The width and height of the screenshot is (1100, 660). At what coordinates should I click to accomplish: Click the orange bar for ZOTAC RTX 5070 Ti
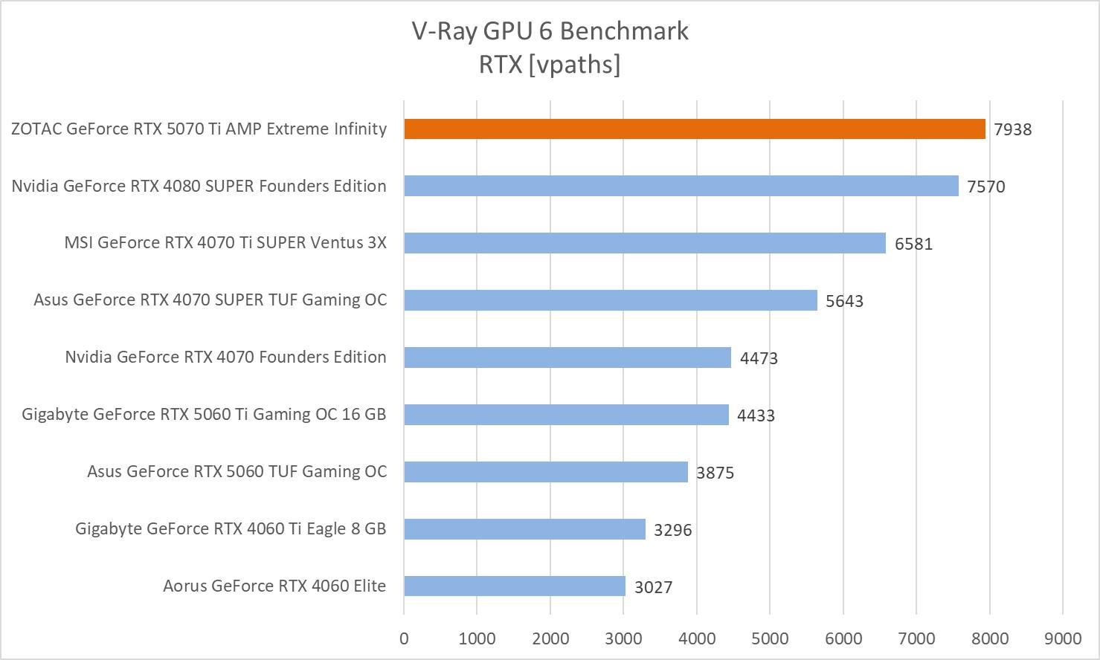pos(695,129)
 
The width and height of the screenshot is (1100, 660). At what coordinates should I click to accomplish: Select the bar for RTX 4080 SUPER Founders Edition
pos(681,186)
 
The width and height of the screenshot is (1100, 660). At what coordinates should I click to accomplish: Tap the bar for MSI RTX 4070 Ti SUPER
pos(645,243)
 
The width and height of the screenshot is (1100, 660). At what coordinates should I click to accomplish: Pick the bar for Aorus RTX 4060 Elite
pos(515,586)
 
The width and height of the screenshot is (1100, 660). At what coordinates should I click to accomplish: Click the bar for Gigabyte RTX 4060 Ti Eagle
pos(524,528)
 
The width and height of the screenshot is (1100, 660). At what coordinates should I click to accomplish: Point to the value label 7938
pos(1013,129)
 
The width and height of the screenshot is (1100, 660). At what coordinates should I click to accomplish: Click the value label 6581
pos(913,244)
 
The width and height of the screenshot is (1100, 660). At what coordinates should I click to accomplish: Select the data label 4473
pos(759,358)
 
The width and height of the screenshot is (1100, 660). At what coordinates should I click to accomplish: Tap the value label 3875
pos(715,473)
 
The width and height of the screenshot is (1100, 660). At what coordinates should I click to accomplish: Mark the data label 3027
pos(653,587)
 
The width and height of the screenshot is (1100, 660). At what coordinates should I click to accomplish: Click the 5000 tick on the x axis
pos(770,638)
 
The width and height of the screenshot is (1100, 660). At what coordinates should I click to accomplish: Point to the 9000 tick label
pos(1063,638)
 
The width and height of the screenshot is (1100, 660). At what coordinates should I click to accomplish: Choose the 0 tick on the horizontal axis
pos(404,638)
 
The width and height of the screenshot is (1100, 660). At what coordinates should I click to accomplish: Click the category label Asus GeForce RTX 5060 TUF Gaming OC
pos(237,471)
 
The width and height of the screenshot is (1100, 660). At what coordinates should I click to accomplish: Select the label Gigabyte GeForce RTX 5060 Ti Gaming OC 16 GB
pos(204,414)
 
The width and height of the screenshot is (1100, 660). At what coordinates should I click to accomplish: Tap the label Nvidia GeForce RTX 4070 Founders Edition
pos(225,357)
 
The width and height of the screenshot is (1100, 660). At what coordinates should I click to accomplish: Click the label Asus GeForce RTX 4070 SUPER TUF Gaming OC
pos(210,300)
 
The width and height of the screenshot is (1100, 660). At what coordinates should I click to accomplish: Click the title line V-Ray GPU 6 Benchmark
pos(550,31)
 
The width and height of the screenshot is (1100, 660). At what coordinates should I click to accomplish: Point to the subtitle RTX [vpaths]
pos(550,65)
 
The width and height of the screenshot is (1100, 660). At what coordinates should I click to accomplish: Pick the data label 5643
pos(844,301)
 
